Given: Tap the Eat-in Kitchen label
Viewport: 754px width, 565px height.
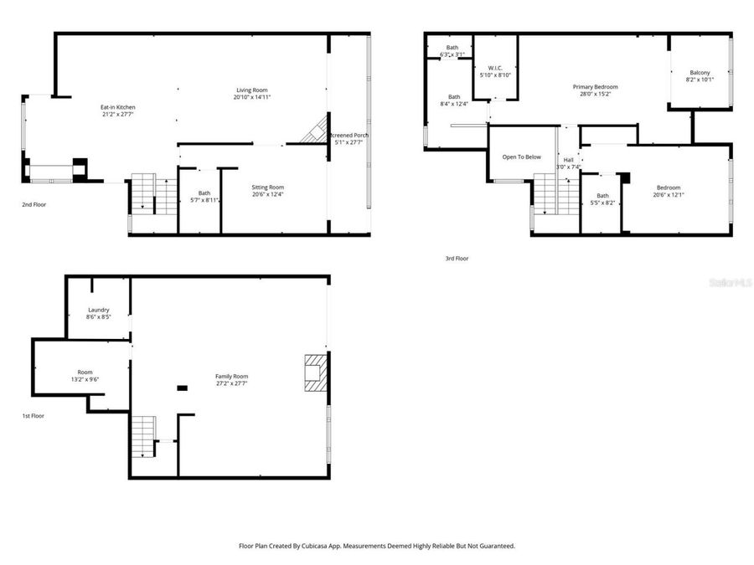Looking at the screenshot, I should [118, 111].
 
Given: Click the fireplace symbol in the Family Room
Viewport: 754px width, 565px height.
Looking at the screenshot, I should [314, 372].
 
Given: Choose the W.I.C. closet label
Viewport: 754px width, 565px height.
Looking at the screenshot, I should [495, 72].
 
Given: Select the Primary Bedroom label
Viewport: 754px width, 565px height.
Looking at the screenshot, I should [596, 90].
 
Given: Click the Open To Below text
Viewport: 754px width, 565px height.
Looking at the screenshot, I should [521, 157].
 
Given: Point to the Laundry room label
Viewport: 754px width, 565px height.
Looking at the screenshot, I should [98, 313].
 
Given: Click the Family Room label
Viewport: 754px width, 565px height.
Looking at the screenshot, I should [231, 380].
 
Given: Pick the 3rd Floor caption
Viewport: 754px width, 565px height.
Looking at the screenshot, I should [457, 259].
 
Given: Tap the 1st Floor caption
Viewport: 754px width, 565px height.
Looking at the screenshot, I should [34, 416].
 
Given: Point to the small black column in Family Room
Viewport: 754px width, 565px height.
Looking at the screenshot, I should [182, 388].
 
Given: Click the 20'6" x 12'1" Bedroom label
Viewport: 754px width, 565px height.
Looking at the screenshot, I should [669, 191].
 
